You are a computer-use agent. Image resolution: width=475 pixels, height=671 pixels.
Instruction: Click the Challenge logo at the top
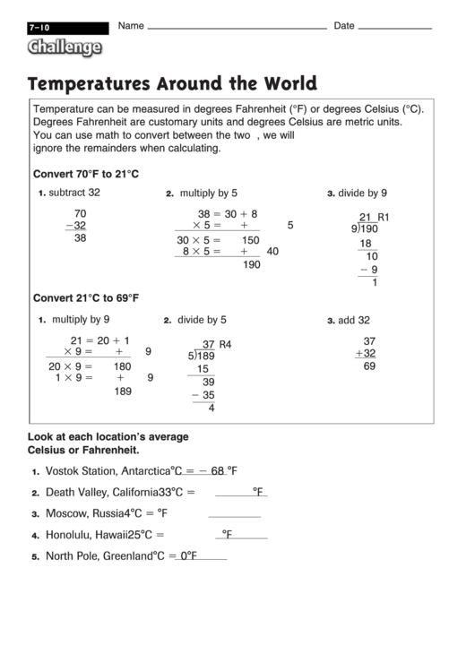point(65,47)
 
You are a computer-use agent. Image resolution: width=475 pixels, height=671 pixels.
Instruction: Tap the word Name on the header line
point(131,26)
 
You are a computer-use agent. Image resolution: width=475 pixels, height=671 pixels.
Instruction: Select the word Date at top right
point(344,26)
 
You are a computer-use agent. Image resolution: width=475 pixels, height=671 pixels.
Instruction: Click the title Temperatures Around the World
point(172,84)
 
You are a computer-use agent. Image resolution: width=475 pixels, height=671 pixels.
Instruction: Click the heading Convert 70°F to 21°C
point(86,174)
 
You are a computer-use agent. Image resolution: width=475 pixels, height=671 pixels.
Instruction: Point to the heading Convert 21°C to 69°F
point(86,298)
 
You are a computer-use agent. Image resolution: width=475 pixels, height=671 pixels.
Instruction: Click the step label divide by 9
point(362,193)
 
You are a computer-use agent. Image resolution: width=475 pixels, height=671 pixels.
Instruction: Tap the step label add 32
point(353,320)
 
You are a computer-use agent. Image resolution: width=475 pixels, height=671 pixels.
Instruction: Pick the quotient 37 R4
point(217,344)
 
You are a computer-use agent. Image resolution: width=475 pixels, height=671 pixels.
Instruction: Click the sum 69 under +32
point(369,366)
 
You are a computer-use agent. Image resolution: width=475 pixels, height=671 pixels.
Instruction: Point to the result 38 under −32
point(80,238)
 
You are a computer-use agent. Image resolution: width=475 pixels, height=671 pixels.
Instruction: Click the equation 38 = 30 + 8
point(228,214)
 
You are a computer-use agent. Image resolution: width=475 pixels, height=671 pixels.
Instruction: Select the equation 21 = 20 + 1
point(100,340)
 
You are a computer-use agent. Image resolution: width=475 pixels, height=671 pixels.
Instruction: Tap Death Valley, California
point(102,492)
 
